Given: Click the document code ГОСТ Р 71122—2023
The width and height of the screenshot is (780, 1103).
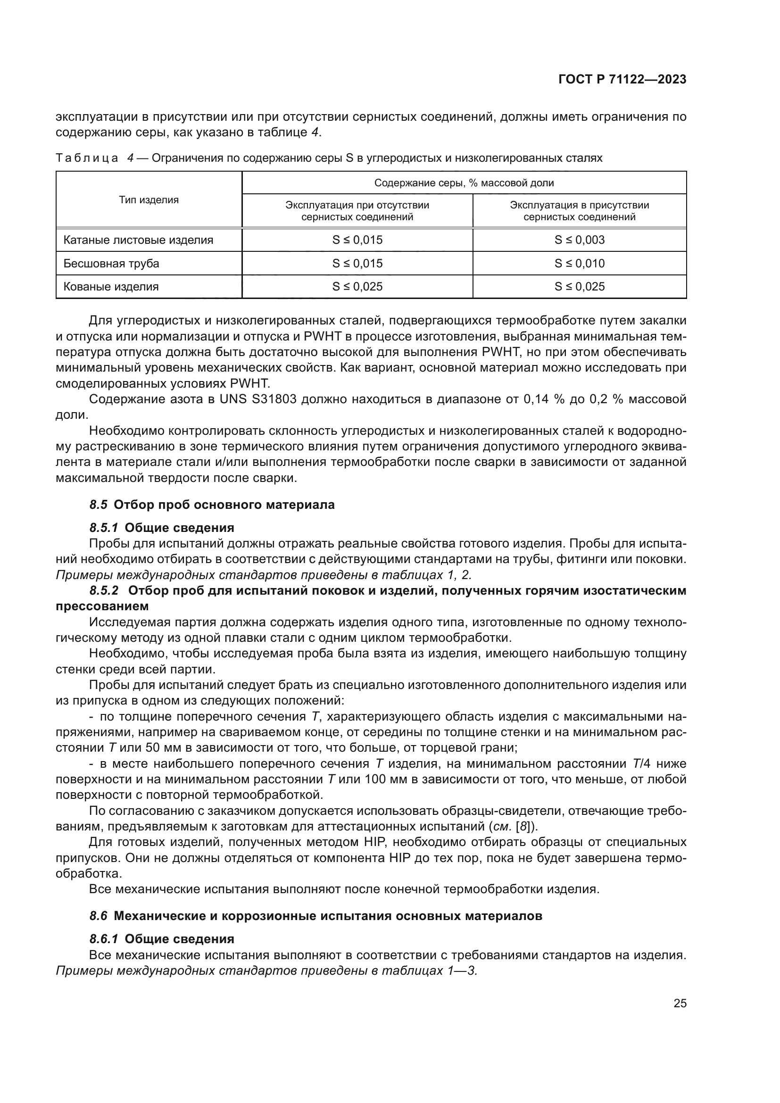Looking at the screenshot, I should click(622, 79).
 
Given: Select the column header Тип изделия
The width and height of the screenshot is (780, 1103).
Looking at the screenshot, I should click(149, 200).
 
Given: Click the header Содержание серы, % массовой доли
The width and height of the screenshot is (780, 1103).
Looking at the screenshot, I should click(464, 182).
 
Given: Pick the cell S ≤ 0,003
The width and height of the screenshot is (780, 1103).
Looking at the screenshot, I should click(579, 240).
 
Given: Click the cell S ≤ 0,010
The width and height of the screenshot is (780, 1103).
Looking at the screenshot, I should click(579, 263).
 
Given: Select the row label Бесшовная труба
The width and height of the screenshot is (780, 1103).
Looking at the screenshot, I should click(111, 263).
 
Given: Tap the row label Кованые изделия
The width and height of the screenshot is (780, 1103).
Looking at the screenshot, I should click(111, 287).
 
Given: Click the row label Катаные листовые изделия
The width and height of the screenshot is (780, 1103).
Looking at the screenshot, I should click(138, 240).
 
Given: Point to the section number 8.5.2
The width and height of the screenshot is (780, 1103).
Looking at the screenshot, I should click(104, 590).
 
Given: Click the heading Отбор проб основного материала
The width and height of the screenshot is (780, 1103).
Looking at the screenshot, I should click(224, 505).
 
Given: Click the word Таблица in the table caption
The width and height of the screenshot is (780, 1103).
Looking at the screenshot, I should click(87, 158).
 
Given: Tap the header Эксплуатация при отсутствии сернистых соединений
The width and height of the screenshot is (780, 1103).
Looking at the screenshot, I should click(357, 211).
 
